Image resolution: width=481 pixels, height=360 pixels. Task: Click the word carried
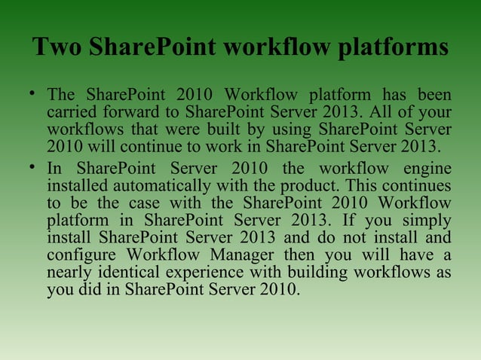(70, 113)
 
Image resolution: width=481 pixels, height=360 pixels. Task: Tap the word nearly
(70, 273)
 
